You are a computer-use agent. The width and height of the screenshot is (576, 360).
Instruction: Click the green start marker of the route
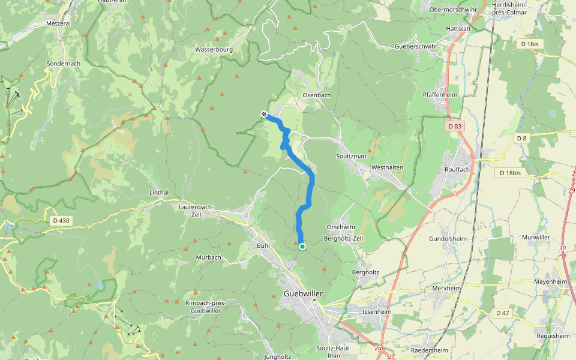pos(302,246)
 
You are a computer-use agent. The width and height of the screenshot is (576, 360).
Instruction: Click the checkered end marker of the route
pos(264,114)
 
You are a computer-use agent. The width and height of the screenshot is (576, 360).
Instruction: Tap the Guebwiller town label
pos(303,293)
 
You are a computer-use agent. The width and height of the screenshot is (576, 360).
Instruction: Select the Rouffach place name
pos(457,170)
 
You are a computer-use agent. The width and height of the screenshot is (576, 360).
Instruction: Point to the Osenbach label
pos(317,95)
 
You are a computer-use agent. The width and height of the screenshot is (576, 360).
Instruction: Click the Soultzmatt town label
pos(352,156)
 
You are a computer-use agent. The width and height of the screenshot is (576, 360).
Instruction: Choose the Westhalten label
pos(387,167)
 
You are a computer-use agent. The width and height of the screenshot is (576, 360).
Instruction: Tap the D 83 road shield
pos(455,126)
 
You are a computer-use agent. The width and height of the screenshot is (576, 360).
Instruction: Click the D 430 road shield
pos(61,221)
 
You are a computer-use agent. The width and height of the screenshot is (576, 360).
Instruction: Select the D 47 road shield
pos(502,313)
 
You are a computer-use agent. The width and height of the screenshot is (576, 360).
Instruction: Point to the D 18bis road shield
pos(509,173)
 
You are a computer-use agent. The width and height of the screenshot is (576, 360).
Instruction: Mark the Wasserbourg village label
pos(214,50)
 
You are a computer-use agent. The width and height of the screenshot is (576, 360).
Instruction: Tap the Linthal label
pos(158,193)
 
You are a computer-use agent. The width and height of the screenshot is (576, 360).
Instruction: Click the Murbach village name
pos(209,257)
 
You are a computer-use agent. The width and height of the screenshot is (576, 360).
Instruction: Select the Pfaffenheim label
pos(442,95)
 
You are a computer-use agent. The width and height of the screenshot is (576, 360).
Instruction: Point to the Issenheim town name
pos(377,313)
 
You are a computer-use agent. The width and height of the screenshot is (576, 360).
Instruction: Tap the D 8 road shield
pos(522,139)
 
